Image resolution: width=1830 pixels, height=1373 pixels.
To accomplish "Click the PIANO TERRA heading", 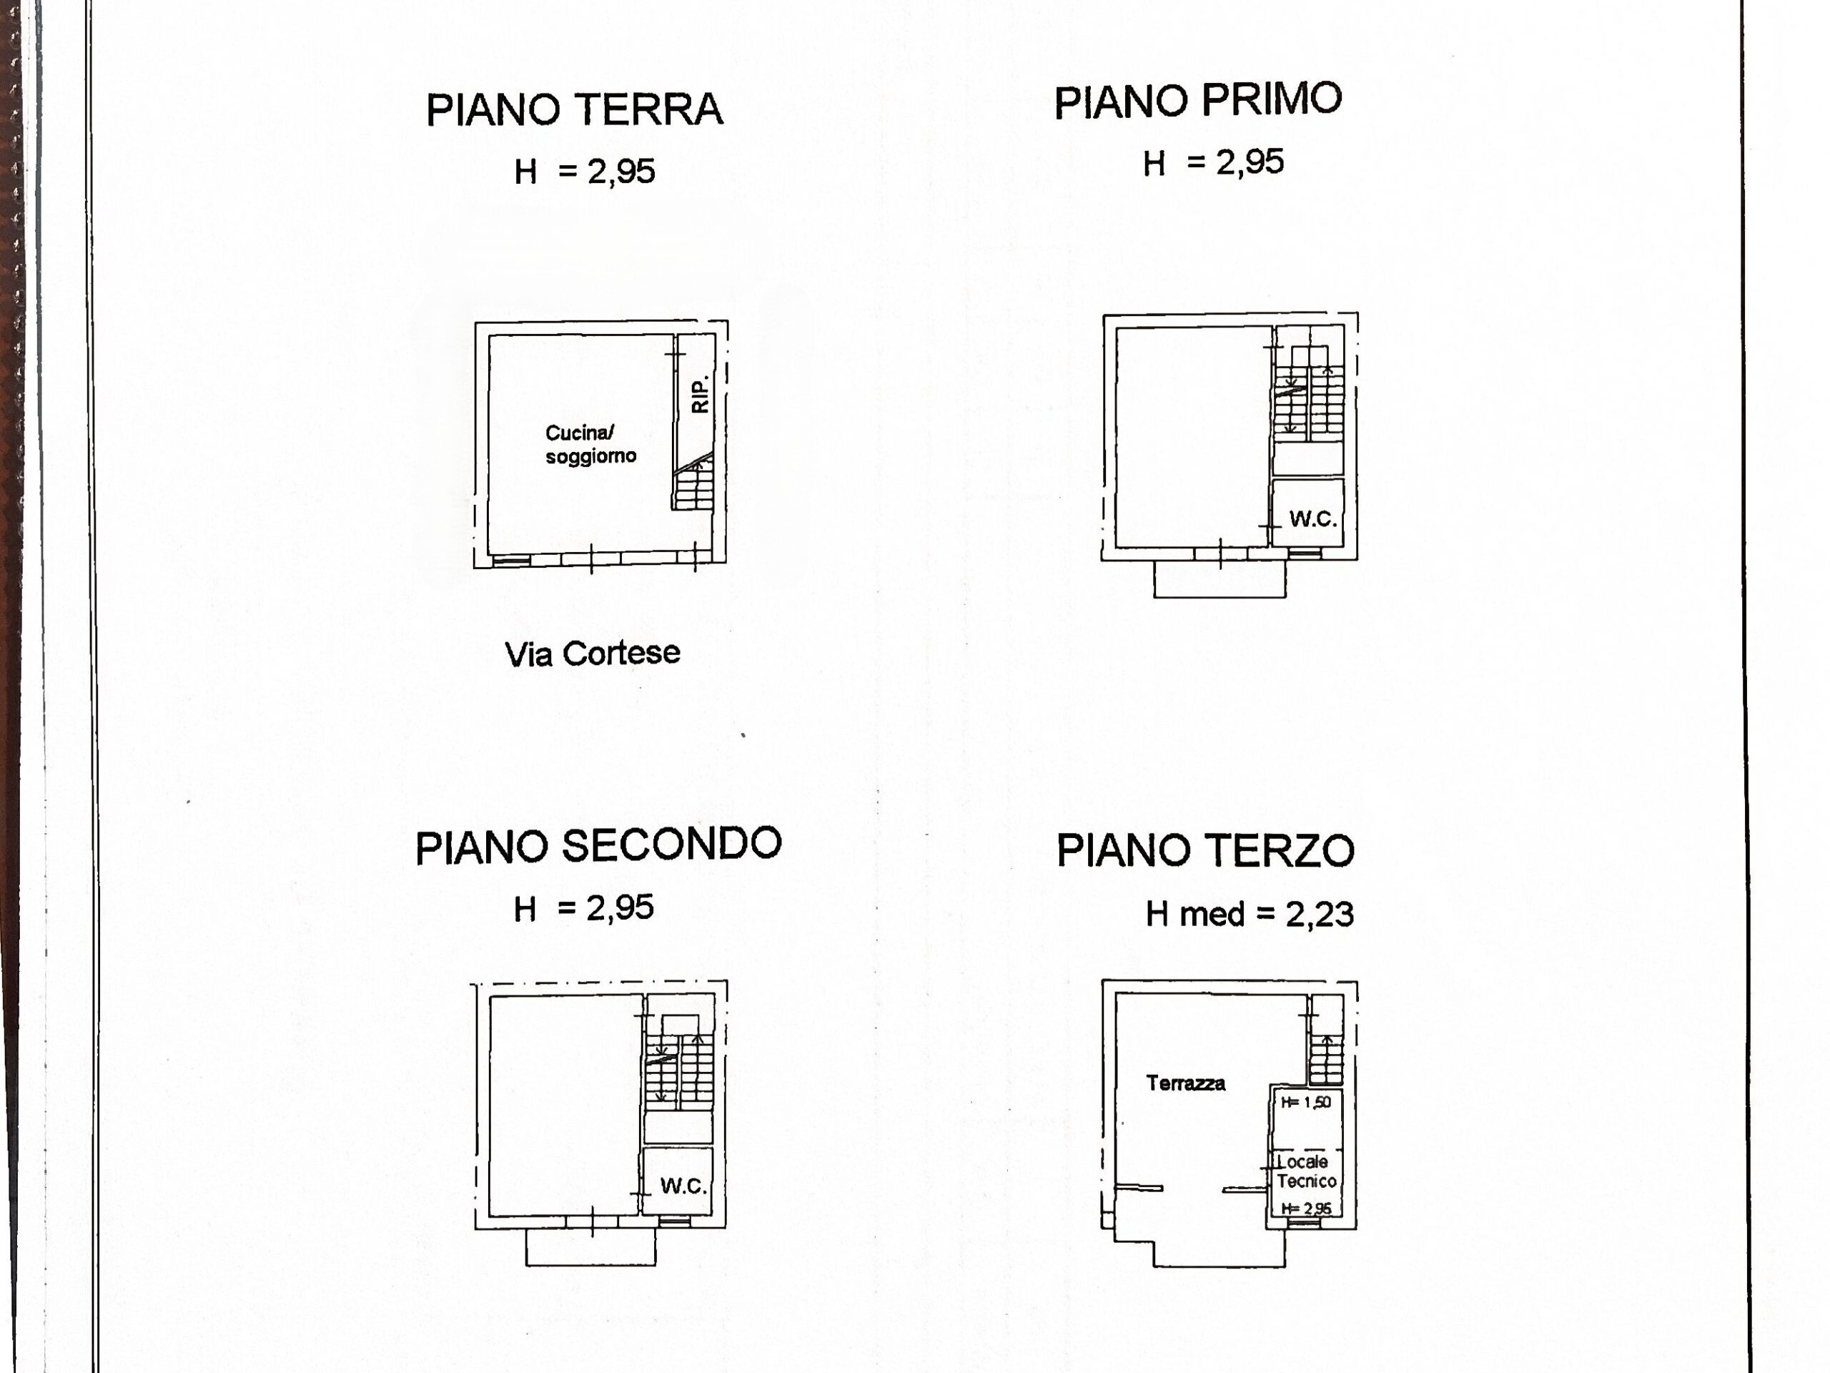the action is (574, 110).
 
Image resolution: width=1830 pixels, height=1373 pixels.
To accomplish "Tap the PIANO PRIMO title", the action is (1197, 101).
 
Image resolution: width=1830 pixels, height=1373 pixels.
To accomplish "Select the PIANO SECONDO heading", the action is (598, 846).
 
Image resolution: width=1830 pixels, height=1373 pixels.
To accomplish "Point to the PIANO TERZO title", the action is (1205, 850).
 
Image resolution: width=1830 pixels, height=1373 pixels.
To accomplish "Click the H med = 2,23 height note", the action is (1250, 914).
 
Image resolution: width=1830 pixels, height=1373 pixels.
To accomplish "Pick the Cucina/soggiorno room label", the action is (590, 444).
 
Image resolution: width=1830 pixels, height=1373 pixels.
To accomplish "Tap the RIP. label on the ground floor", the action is (700, 395).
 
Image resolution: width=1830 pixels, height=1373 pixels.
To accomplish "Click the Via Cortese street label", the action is (593, 654).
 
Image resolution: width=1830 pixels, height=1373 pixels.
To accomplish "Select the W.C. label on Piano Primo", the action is (1313, 519).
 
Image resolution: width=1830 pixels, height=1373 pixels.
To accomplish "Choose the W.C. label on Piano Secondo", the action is (683, 1186).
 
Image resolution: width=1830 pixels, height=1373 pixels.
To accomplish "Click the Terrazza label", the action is (1185, 1083).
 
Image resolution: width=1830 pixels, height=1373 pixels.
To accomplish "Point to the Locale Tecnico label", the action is (1305, 1171).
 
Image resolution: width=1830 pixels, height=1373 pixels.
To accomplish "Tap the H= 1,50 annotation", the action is (1305, 1103).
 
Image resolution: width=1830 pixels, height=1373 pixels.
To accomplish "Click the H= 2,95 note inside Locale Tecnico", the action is (1306, 1209).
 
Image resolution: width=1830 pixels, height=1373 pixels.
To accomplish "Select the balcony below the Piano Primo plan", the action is (1220, 579).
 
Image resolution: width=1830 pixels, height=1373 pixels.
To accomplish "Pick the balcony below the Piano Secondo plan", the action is (590, 1246).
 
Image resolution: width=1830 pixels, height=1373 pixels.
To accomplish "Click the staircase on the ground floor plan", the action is (693, 483).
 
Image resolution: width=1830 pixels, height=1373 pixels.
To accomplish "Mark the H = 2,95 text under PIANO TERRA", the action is (584, 172).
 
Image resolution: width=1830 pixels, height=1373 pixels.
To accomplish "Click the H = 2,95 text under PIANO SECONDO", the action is (583, 908).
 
